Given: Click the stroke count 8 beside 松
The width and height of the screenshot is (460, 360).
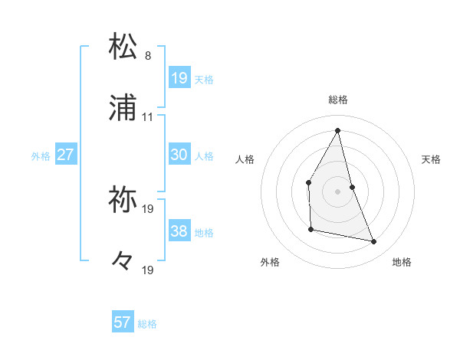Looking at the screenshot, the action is click(x=148, y=56).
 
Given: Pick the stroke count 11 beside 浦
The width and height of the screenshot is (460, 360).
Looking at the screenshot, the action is click(x=148, y=117).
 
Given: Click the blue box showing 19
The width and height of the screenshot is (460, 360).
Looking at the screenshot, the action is click(x=179, y=78).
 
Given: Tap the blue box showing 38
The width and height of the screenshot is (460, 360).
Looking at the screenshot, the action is click(x=179, y=231).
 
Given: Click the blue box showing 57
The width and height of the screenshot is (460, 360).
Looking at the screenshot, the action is click(x=123, y=322).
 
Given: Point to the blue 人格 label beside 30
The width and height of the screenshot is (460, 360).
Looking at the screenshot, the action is click(x=204, y=156).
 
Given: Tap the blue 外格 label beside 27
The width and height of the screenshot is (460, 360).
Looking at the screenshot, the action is click(x=41, y=156).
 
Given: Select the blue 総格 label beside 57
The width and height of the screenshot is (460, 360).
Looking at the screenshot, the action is click(x=147, y=324).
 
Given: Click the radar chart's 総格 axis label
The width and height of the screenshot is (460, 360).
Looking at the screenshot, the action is click(x=338, y=100).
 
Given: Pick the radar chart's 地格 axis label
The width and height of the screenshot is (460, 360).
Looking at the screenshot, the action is click(x=402, y=262).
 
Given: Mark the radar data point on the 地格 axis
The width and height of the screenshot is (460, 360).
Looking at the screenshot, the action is click(x=374, y=242).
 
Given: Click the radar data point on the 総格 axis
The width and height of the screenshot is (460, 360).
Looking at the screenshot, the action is click(x=338, y=129).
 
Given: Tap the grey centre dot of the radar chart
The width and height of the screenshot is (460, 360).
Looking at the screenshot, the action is click(x=338, y=191).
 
